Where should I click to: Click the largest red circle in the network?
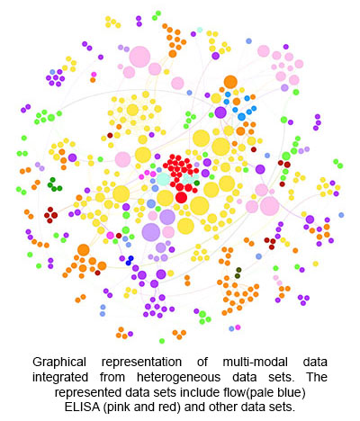[181, 198]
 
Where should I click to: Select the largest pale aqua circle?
[164, 179]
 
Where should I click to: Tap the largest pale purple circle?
[151, 232]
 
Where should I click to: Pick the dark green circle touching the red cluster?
[196, 183]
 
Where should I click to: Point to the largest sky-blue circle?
[241, 117]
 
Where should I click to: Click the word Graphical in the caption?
[59, 362]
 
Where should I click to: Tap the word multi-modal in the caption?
[255, 362]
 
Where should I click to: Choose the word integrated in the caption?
[60, 378]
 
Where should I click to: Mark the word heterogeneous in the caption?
[178, 378]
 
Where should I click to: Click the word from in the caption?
[112, 377]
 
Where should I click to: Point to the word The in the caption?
[317, 377]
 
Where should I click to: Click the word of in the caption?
[202, 362]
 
